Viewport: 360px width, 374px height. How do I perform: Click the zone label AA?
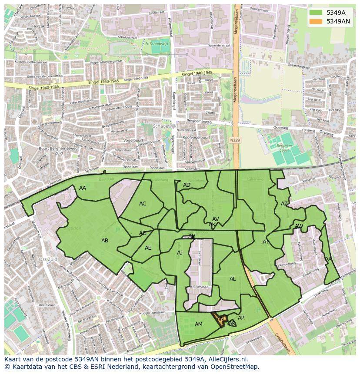pos(82,188)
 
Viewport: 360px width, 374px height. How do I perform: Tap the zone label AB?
pos(105,241)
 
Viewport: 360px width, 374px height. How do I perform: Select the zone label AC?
pos(143,204)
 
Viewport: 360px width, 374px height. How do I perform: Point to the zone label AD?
pos(187,185)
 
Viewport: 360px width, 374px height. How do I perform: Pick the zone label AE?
pos(148,248)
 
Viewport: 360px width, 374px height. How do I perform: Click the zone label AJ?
pos(180,253)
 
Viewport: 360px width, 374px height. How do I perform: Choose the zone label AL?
pos(233,279)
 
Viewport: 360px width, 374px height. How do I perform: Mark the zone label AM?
pos(199,324)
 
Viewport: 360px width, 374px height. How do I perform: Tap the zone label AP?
pos(241,318)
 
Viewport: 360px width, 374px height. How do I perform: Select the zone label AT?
pos(266,242)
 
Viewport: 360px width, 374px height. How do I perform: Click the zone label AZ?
pos(284,204)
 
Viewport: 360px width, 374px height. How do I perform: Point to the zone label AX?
pos(328,259)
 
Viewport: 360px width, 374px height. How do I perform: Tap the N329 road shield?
pos(235,140)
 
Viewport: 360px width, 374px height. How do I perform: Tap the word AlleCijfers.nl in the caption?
pos(223,360)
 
